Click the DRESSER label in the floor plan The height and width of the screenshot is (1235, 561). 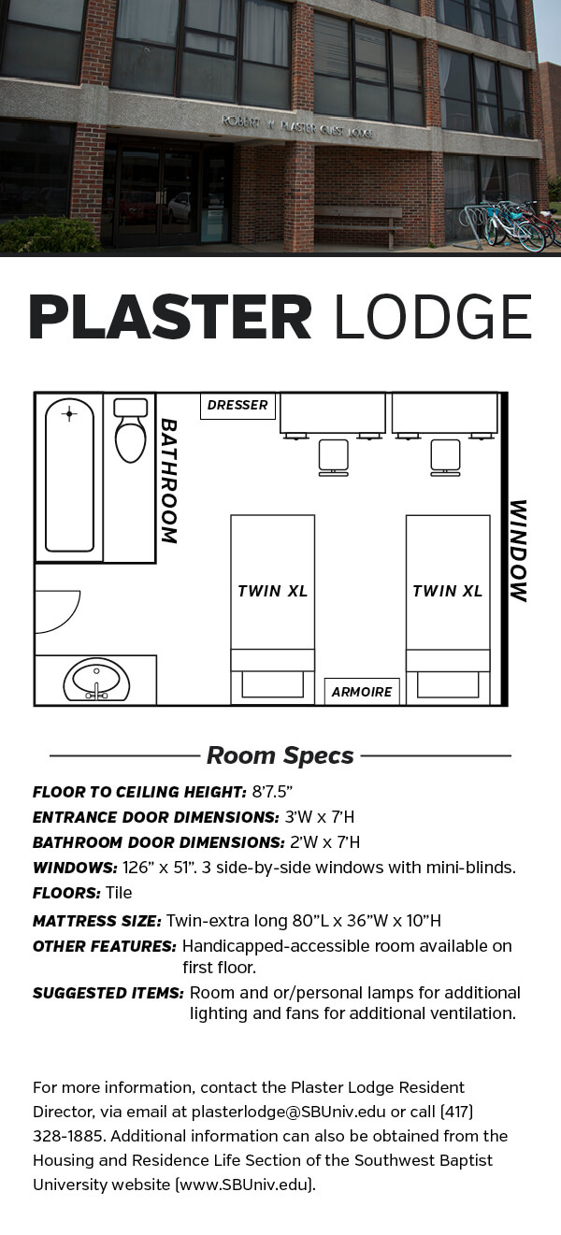[237, 405]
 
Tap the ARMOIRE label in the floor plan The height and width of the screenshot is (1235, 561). [362, 692]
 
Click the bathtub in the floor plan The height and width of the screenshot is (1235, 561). [69, 476]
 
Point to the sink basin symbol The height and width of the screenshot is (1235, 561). [96, 679]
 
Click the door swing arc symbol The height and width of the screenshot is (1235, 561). [56, 610]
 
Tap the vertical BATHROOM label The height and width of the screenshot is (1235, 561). [168, 481]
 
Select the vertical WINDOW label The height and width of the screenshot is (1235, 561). [517, 551]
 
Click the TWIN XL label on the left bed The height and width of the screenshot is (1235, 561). [272, 591]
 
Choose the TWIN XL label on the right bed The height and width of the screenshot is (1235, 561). [447, 591]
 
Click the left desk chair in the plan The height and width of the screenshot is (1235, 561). [333, 457]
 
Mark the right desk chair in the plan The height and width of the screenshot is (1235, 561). [445, 457]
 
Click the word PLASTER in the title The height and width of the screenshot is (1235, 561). [170, 318]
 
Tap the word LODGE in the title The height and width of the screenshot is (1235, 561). [433, 318]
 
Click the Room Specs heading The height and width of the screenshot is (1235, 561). [280, 755]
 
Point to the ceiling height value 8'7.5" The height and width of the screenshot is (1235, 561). [272, 792]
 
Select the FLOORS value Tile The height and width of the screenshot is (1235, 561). [118, 893]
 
